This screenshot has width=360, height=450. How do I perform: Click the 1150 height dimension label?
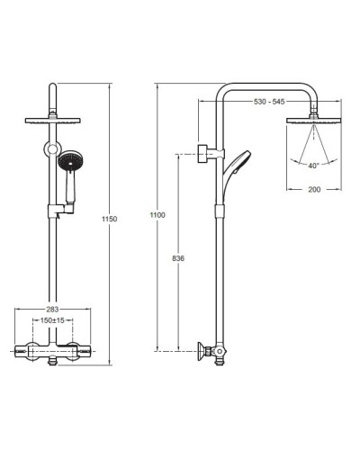(x=110, y=219)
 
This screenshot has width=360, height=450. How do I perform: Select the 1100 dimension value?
(x=157, y=215)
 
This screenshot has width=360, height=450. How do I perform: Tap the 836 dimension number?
(x=178, y=258)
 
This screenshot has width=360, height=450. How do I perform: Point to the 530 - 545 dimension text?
(x=269, y=102)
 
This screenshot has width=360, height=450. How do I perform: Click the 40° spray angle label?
(x=313, y=166)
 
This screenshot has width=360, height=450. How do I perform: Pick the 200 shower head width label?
(x=314, y=189)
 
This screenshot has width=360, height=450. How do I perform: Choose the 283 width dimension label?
(x=52, y=310)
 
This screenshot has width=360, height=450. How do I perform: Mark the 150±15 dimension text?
(x=52, y=320)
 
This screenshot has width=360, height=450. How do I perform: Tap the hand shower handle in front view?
(x=70, y=187)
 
